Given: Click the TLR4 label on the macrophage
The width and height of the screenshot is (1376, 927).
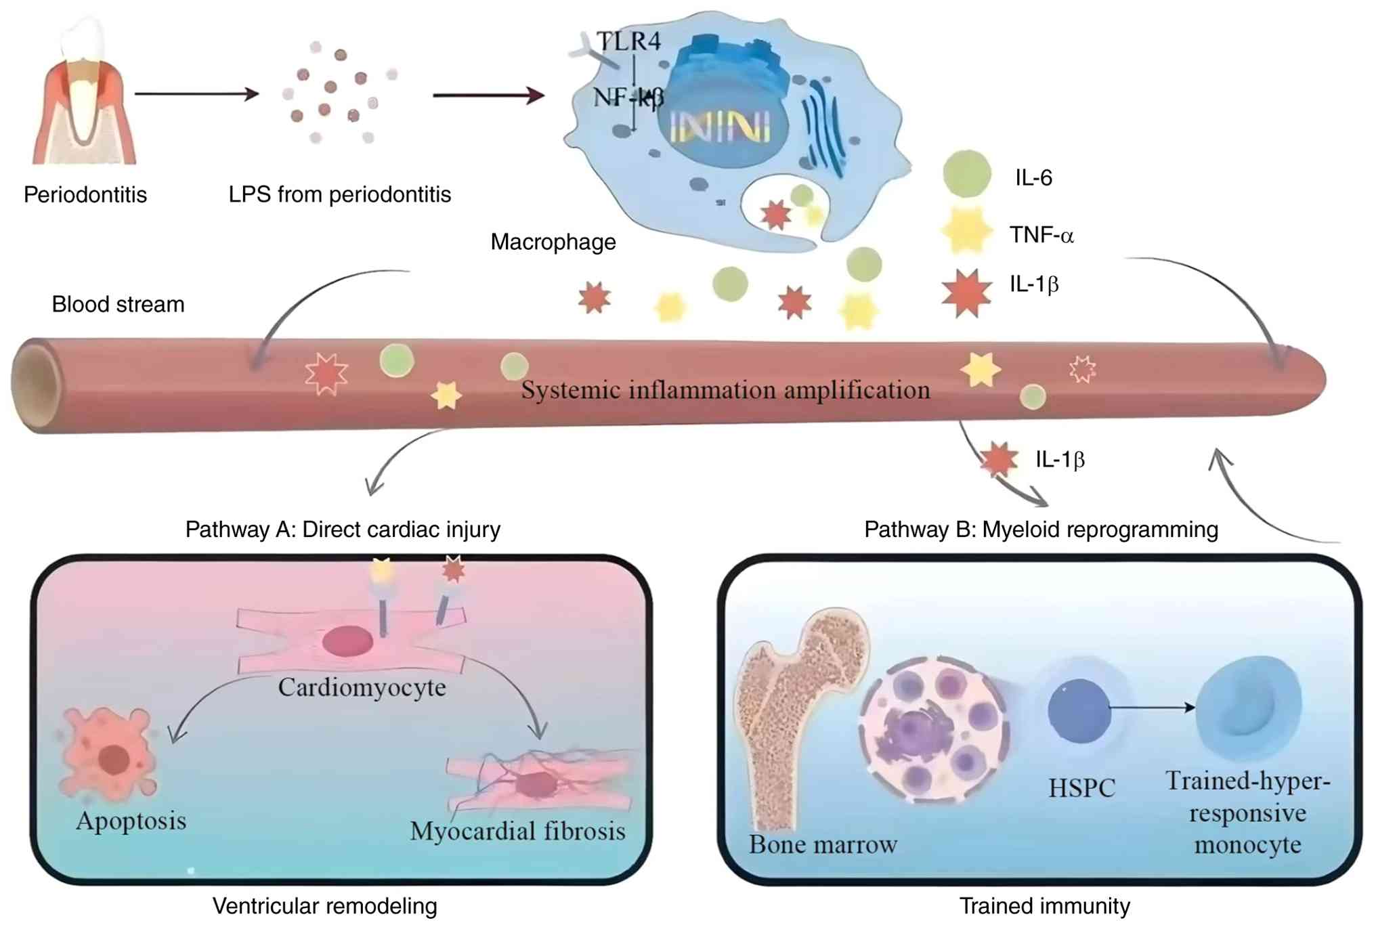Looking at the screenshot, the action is [x=629, y=41].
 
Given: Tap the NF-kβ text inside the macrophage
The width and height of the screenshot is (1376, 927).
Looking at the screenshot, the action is [x=628, y=98].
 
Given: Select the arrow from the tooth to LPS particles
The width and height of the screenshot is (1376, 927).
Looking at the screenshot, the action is [x=197, y=93].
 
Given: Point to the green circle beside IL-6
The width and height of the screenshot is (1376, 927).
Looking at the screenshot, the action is [x=967, y=174].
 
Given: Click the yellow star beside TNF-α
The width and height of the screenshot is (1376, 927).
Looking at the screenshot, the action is [x=966, y=231].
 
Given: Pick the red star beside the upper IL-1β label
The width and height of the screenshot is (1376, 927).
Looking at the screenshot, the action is [x=966, y=293].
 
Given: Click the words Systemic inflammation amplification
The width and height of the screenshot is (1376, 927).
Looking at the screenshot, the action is [x=725, y=390].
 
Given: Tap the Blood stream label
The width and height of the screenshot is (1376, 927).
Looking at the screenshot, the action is [x=119, y=304].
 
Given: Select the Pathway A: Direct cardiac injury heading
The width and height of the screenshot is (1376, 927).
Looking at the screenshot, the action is [x=343, y=529].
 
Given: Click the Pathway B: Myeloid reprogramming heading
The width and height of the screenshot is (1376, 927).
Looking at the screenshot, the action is [x=1041, y=529].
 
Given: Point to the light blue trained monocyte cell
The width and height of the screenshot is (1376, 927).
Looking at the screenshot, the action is [x=1248, y=708].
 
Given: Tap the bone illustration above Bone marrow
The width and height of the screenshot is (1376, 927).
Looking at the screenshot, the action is [x=799, y=718].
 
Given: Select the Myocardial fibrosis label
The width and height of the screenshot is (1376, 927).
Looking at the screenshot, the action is [x=517, y=831].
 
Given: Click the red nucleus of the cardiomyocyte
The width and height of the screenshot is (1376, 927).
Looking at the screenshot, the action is [x=348, y=641].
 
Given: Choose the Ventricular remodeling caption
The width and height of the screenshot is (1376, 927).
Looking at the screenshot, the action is [x=325, y=906].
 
